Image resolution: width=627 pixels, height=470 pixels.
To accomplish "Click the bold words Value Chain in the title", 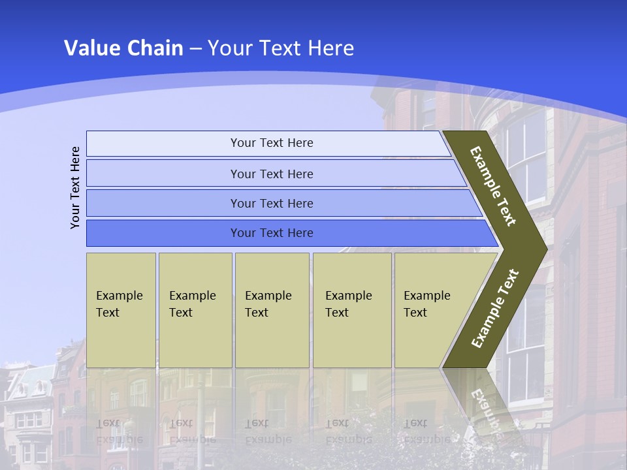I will point(123,48).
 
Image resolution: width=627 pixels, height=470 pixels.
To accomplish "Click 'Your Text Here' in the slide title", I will point(281,48).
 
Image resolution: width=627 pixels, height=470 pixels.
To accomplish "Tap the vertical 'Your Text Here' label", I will point(75,187).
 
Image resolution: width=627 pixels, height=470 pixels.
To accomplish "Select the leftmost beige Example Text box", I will point(121,310).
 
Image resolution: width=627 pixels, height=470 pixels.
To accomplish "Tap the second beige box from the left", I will point(195,310).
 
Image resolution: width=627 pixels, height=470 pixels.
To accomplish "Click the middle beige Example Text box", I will point(272,310).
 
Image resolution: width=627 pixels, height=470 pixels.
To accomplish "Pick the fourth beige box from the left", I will point(352,310).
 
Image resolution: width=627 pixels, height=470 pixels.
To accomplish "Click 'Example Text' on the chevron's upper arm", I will point(493,186).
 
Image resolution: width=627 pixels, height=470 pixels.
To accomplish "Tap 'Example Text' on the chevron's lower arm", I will point(494,309).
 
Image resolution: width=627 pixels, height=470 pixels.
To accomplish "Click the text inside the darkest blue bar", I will point(272,233).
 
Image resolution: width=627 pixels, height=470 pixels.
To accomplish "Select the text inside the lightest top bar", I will point(272,143).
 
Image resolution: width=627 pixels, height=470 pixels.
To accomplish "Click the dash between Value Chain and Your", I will point(195,49).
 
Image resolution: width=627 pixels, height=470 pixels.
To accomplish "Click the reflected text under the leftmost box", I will point(119,431).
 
